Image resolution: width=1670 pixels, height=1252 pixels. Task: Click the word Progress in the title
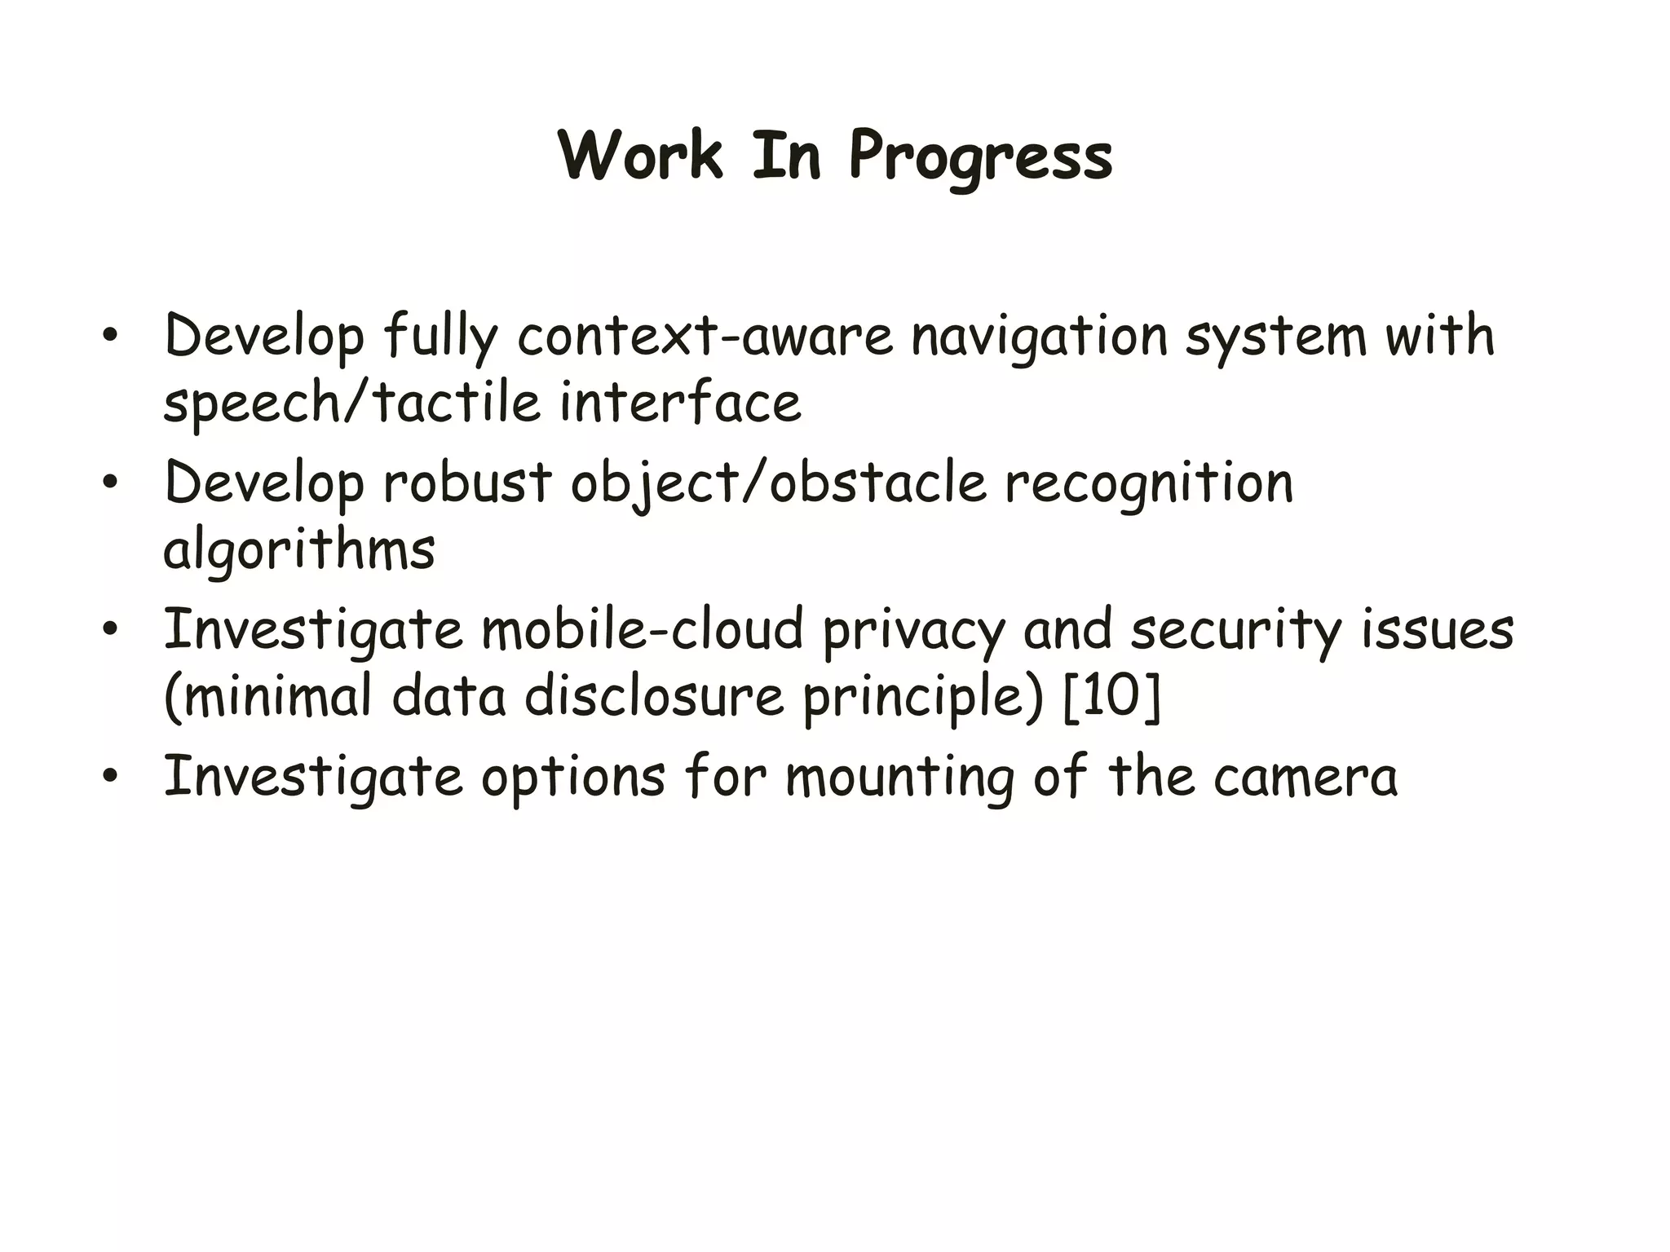[981, 157]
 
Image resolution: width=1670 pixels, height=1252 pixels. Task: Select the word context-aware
[705, 336]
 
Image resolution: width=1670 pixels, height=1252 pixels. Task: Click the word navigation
[1040, 337]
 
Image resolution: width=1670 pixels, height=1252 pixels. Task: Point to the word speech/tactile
[351, 403]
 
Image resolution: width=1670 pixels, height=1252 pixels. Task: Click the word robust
[467, 483]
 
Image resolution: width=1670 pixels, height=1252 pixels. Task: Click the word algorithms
[298, 551]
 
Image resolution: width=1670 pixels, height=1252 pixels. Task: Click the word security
[1235, 631]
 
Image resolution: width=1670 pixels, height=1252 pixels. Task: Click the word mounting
[899, 778]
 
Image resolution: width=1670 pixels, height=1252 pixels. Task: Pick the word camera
[1306, 778]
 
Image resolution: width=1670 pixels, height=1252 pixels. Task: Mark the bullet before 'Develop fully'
[110, 336]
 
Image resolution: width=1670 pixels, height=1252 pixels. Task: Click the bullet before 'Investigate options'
[110, 776]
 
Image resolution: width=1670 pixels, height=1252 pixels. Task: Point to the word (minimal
[268, 698]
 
